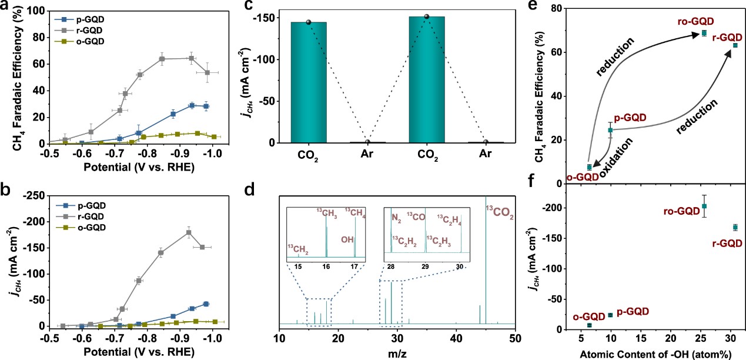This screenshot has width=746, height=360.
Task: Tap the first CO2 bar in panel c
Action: point(308,82)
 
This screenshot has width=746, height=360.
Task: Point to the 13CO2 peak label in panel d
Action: point(499,213)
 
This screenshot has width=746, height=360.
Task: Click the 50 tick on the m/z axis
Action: point(515,338)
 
